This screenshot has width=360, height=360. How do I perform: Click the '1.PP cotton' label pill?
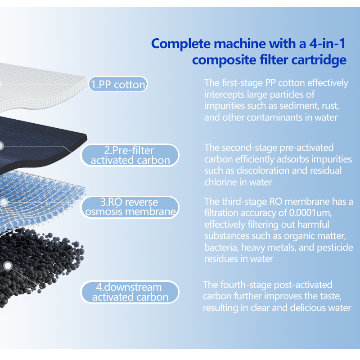[118, 84]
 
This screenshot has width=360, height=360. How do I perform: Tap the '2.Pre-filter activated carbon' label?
[130, 155]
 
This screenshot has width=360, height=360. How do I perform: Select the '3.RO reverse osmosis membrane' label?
[130, 207]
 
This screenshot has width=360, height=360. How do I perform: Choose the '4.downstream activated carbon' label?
[130, 292]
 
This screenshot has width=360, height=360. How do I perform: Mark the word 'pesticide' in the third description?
[335, 247]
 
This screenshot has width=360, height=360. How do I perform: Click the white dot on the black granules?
[8, 266]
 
